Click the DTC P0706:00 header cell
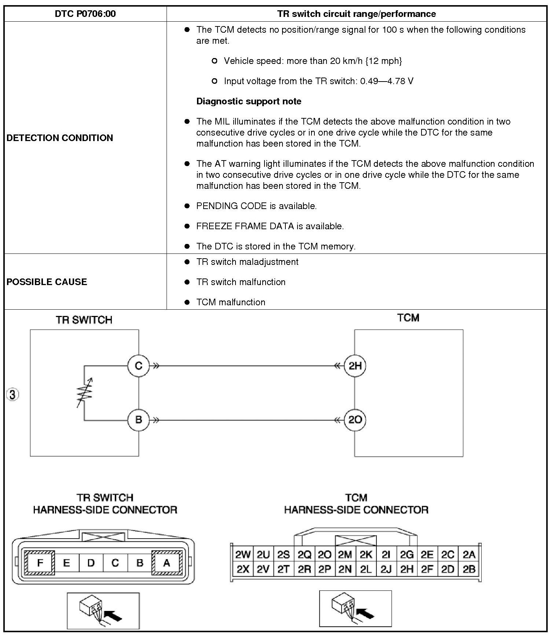(85, 14)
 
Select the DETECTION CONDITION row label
(60, 138)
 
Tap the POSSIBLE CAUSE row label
(47, 282)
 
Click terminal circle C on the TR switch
(138, 366)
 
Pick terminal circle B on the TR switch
(138, 420)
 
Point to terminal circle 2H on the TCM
(355, 366)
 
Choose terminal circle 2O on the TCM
(355, 420)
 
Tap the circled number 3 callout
(12, 395)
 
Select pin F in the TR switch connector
(40, 562)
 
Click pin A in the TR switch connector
(167, 562)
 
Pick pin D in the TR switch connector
(91, 562)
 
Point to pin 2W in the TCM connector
(243, 554)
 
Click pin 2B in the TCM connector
(469, 569)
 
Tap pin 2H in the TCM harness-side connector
(407, 569)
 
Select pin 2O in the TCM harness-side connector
(325, 554)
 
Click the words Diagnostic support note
(249, 101)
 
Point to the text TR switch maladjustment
(247, 262)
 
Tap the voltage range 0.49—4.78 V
(387, 81)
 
